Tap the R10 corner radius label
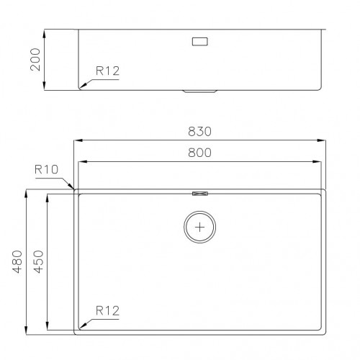click(x=46, y=170)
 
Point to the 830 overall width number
click(x=199, y=132)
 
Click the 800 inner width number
click(x=199, y=153)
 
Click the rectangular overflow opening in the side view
click(x=199, y=42)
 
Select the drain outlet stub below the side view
click(x=199, y=91)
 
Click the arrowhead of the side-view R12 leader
click(x=82, y=86)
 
